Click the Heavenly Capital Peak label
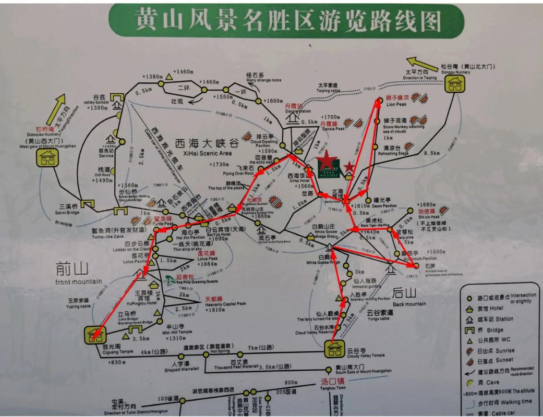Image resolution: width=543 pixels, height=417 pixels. click(218, 303)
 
